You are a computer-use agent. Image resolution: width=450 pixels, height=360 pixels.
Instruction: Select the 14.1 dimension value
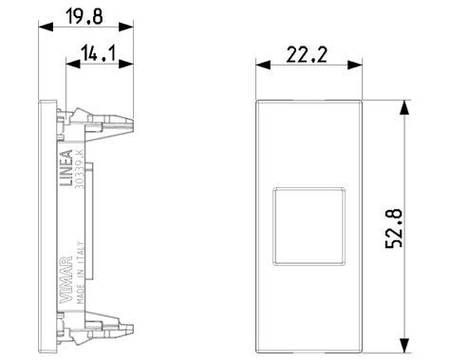tap(99, 54)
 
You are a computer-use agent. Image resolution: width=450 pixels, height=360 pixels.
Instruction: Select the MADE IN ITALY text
tap(81, 272)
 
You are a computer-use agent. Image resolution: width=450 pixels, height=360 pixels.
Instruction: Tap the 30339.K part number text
tap(81, 171)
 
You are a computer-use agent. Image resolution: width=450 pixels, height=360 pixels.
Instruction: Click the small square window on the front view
tap(309, 224)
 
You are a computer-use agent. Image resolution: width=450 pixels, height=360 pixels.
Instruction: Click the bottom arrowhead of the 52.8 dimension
tap(405, 347)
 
